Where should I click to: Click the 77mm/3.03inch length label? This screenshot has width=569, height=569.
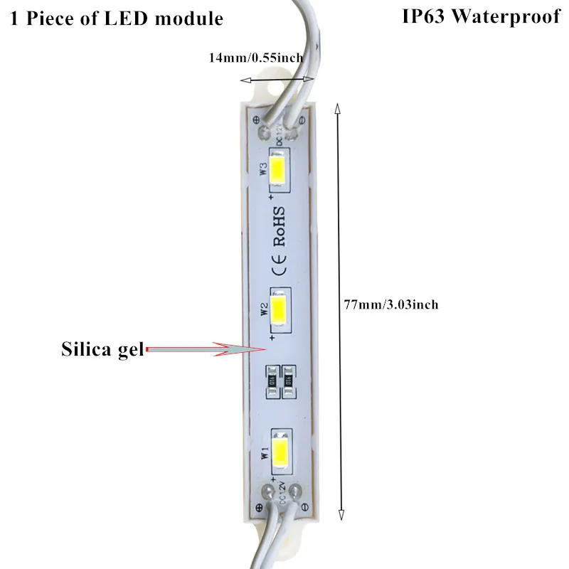pos(390,304)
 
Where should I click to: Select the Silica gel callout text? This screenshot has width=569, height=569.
pos(100,349)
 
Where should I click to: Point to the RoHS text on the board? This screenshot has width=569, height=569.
pos(279,226)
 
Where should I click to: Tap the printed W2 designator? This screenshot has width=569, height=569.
pos(262,309)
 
